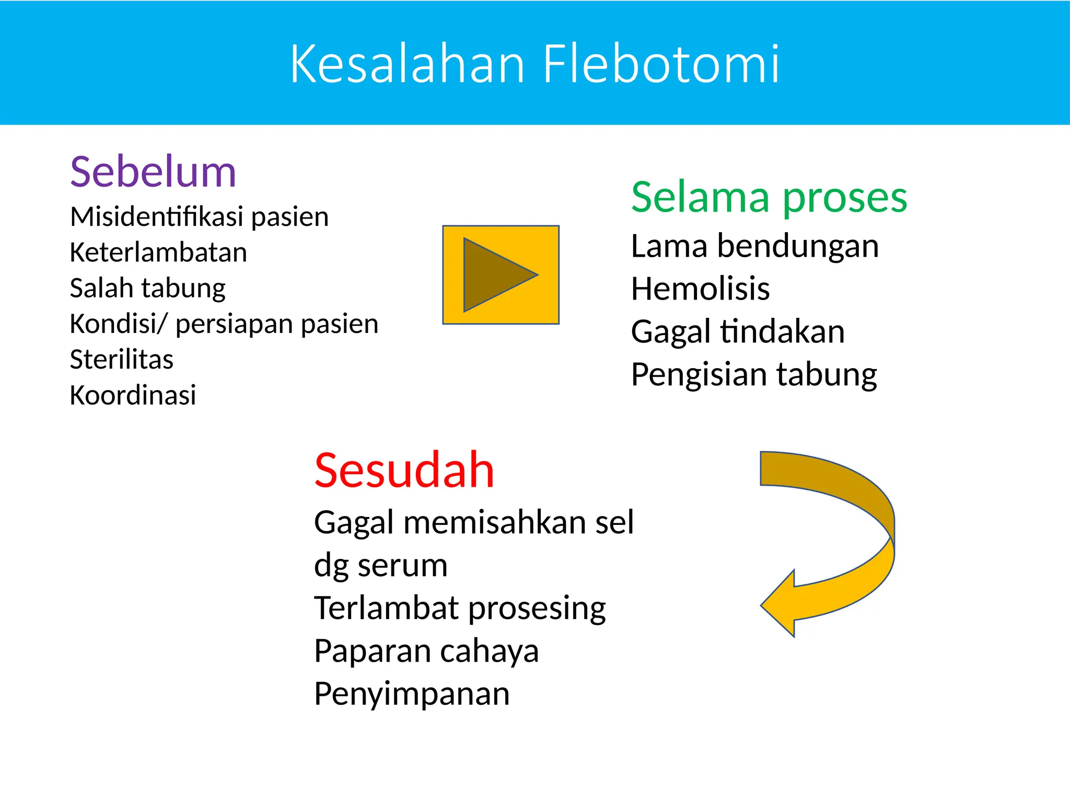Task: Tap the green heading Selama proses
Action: [x=769, y=198]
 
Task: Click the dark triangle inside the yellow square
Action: [x=494, y=275]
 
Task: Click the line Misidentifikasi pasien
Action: [x=199, y=217]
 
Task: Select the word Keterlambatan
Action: [x=158, y=253]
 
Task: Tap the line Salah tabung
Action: [x=147, y=288]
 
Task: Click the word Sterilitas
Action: [x=121, y=360]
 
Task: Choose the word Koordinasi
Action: [x=133, y=395]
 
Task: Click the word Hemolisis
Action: [x=700, y=289]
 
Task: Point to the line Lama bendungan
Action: [x=754, y=246]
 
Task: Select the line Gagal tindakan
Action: [x=738, y=331]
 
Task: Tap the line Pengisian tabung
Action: [x=753, y=374]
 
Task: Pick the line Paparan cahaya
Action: [x=426, y=651]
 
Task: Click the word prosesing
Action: [x=537, y=609]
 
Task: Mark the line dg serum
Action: [x=380, y=566]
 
